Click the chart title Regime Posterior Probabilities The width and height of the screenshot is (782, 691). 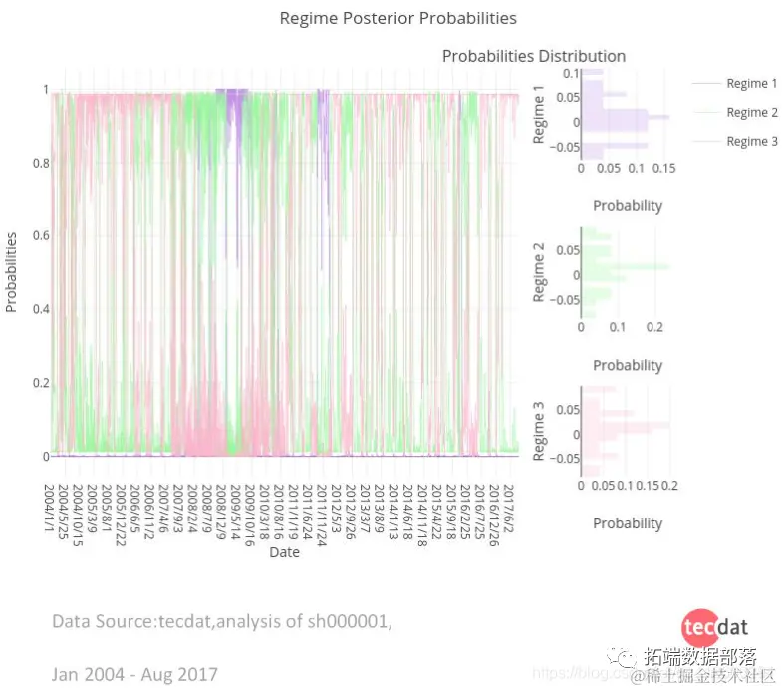pyautogui.click(x=397, y=18)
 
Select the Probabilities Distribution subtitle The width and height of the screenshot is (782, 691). pyautogui.click(x=534, y=56)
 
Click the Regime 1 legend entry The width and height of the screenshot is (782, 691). pyautogui.click(x=752, y=84)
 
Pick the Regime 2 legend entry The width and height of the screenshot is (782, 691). pyautogui.click(x=752, y=113)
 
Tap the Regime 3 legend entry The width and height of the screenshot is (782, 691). pyautogui.click(x=752, y=142)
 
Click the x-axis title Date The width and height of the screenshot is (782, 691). pyautogui.click(x=284, y=551)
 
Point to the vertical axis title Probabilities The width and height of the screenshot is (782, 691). pyautogui.click(x=12, y=272)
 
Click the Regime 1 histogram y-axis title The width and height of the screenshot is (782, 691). pyautogui.click(x=540, y=115)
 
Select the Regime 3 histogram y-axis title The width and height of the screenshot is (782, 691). pyautogui.click(x=540, y=430)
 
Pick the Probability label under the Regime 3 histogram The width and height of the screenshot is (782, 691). pyautogui.click(x=628, y=523)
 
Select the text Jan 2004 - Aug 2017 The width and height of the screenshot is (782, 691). pyautogui.click(x=134, y=675)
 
